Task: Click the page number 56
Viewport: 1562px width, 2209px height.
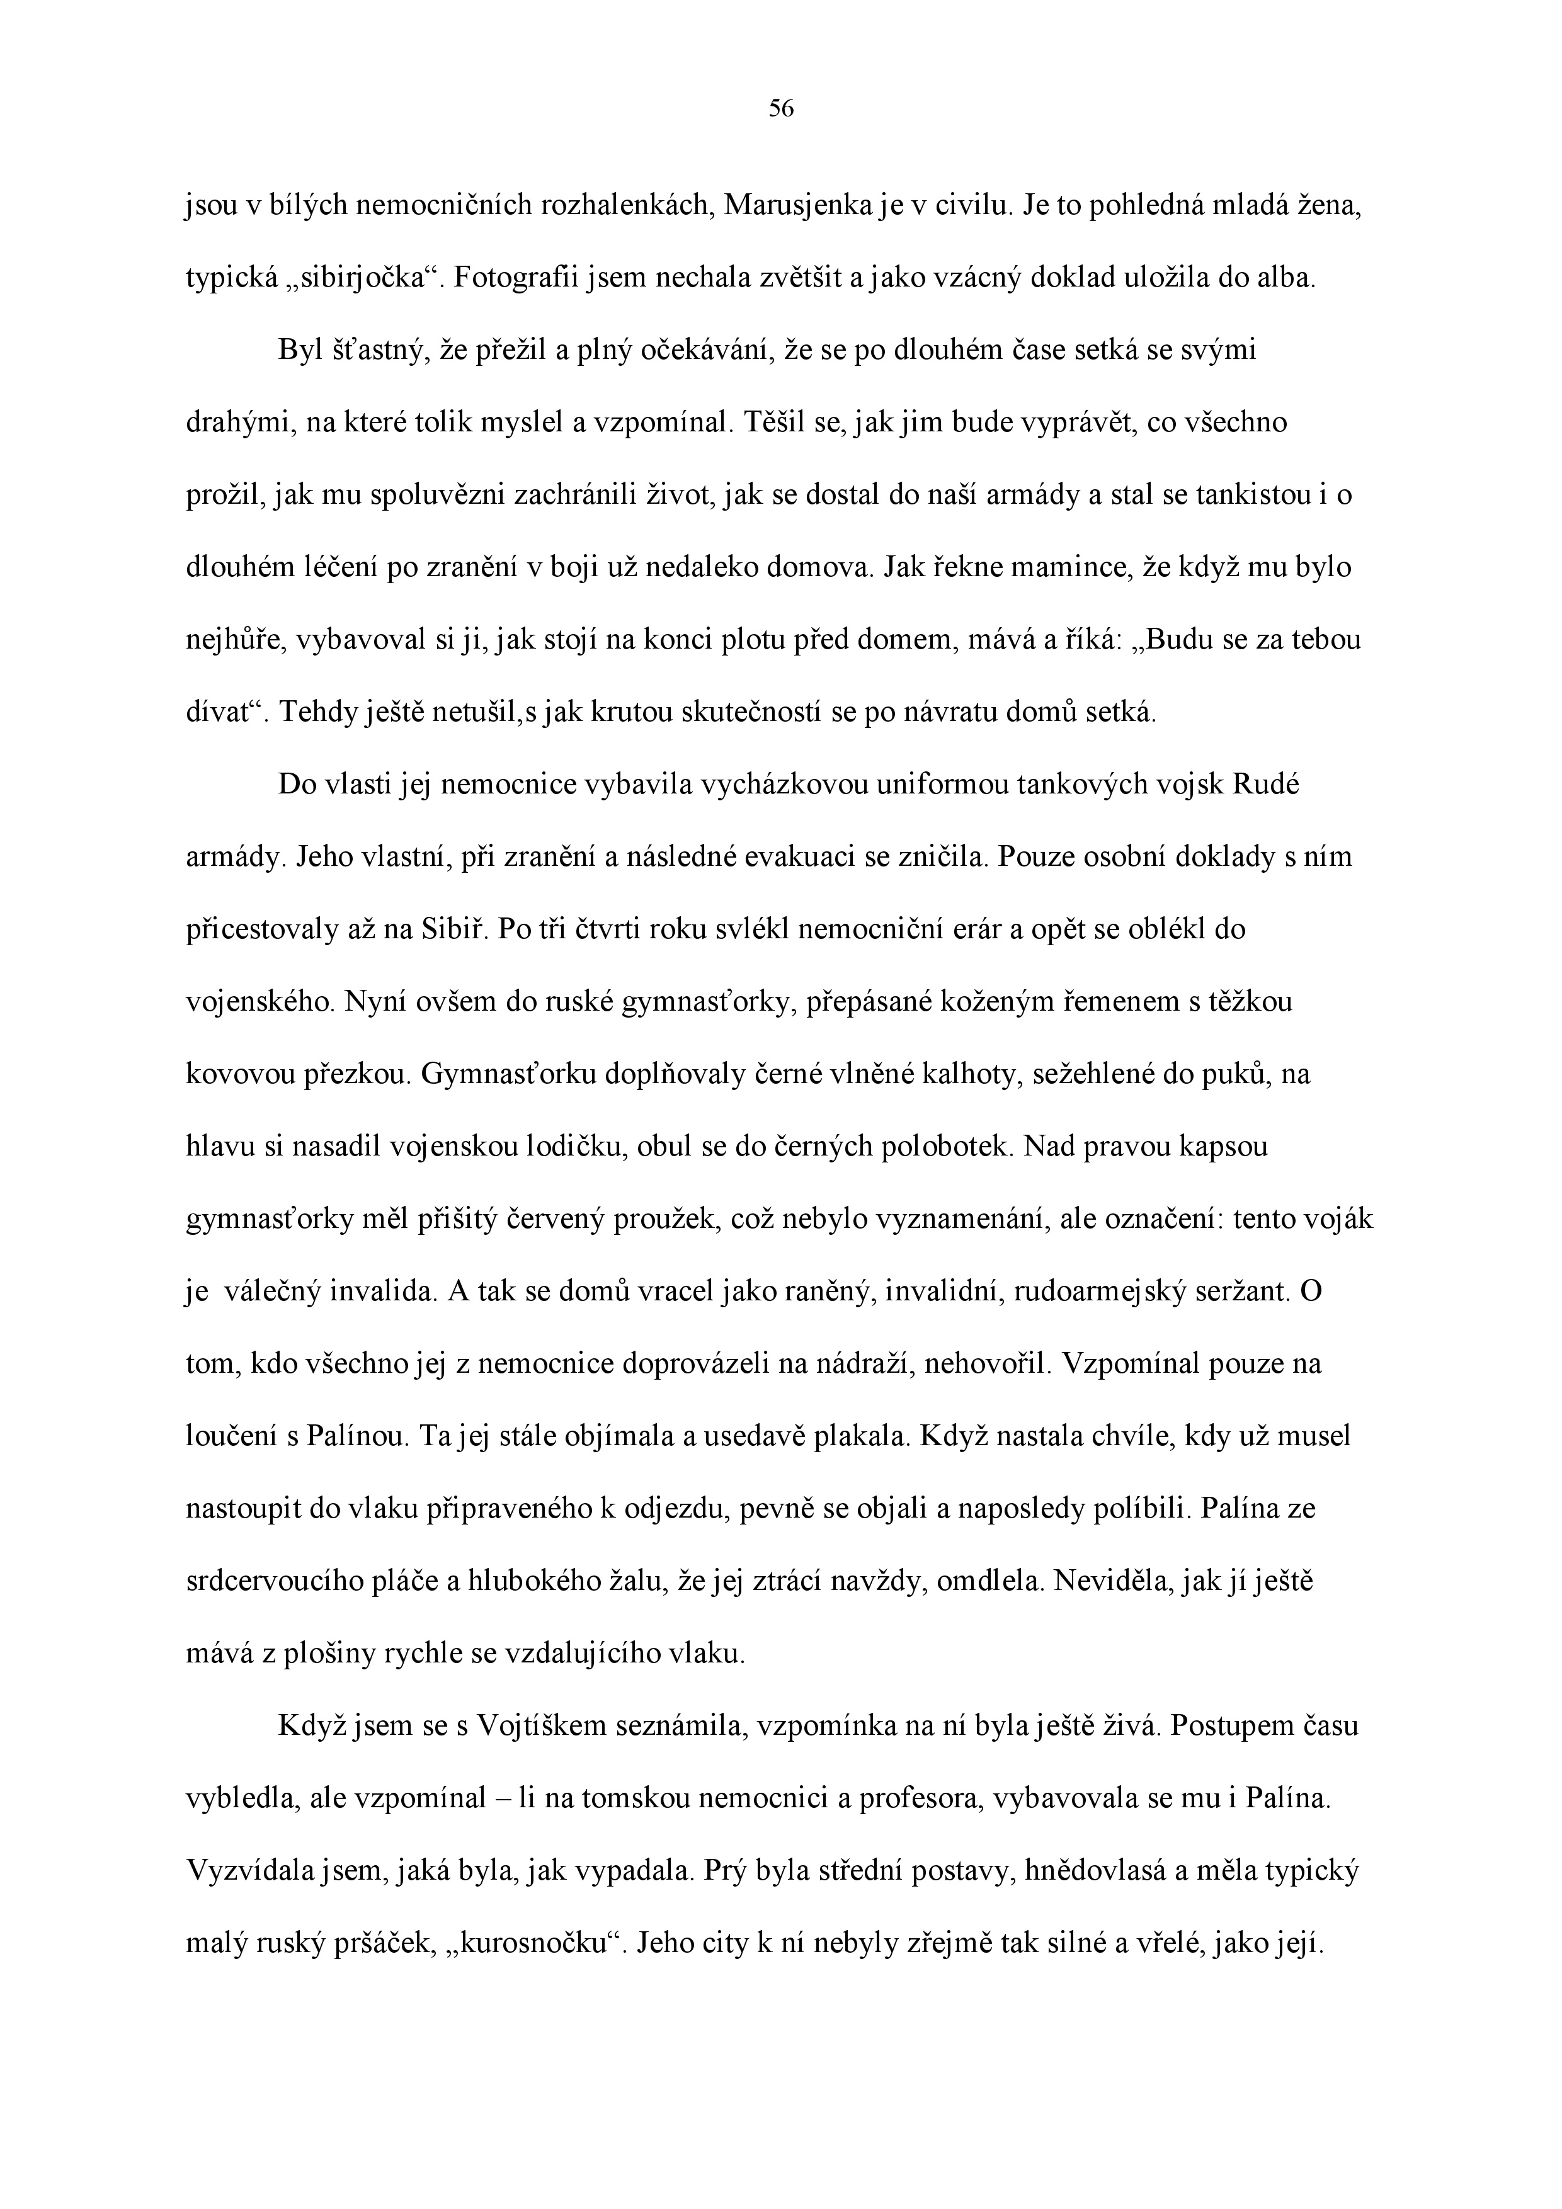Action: (780, 110)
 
